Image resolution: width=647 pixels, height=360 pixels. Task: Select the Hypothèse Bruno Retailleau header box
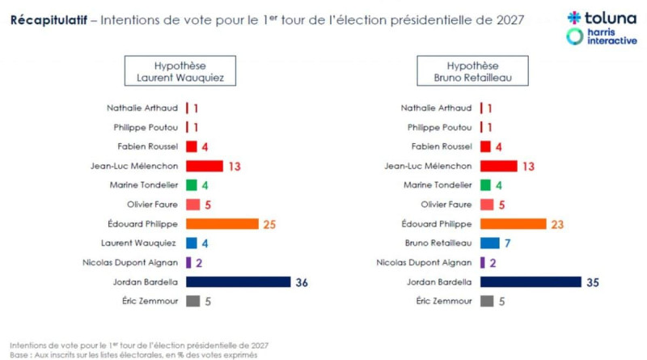tap(472, 71)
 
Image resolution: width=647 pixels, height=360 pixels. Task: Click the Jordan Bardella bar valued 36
tap(238, 282)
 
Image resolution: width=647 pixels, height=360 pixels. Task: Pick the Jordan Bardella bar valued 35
tap(531, 282)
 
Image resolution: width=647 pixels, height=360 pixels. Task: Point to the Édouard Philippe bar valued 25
tap(222, 223)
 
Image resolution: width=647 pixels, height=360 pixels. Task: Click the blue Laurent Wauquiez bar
tap(192, 243)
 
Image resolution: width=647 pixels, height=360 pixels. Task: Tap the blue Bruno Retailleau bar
tap(489, 243)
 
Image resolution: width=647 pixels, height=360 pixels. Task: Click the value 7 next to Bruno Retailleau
tap(506, 243)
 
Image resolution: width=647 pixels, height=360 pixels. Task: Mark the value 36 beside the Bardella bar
tap(302, 282)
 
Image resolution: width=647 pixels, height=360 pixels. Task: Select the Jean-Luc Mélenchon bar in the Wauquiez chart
tap(204, 166)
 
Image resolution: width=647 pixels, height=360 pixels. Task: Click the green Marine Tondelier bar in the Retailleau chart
tap(485, 185)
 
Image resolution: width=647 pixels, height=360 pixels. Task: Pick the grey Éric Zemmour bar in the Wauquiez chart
tap(192, 301)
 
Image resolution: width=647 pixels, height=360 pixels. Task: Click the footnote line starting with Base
tap(133, 354)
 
